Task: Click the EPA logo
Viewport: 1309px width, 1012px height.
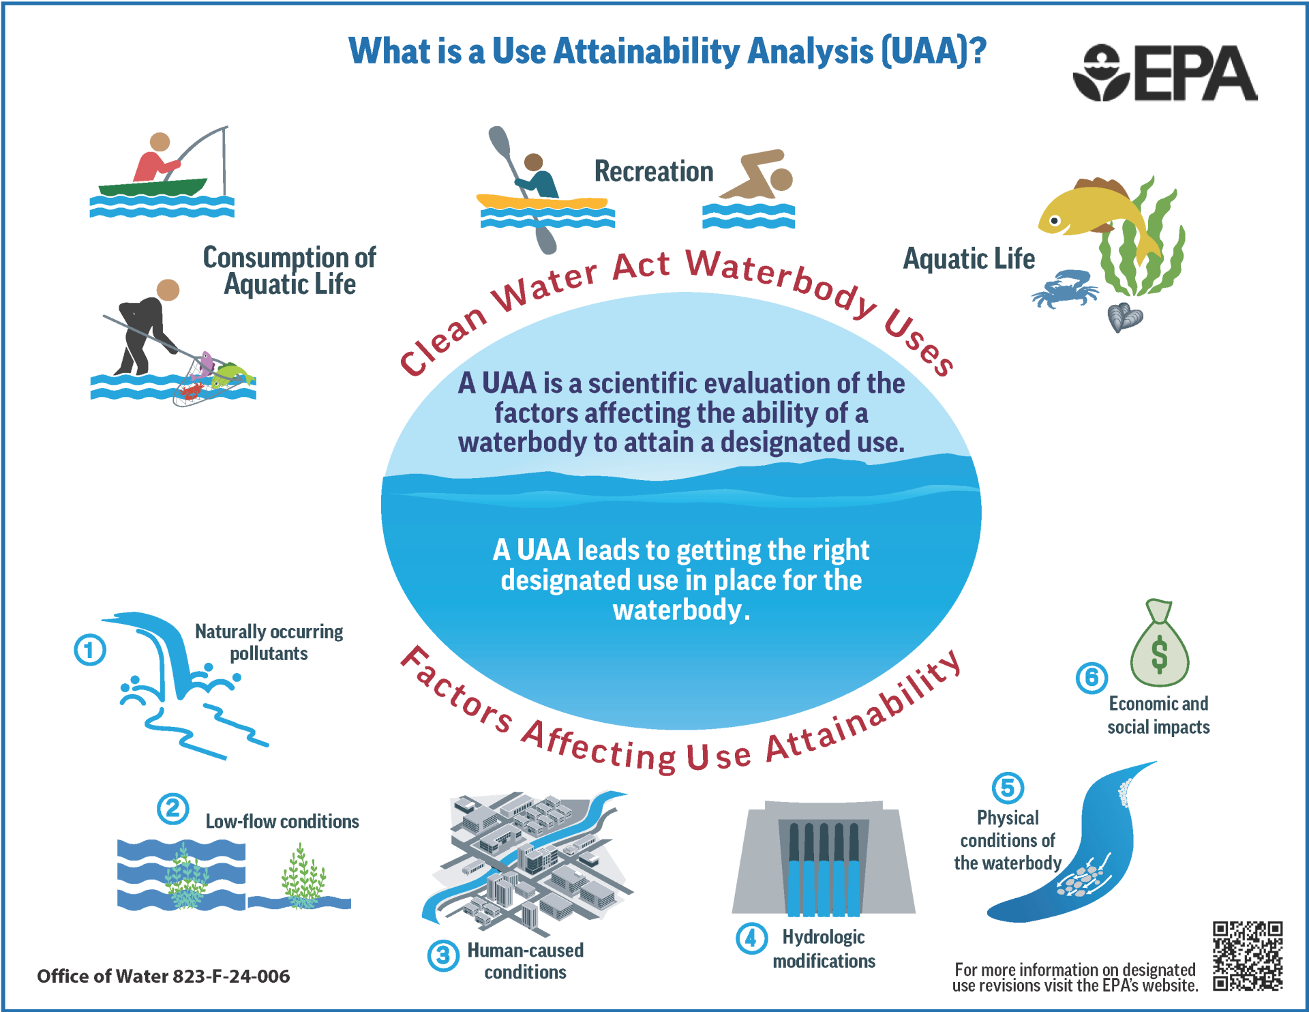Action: click(1164, 74)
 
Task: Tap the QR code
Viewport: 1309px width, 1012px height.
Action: click(1247, 955)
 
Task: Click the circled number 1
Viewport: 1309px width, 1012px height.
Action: click(90, 649)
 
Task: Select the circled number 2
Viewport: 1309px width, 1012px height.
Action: click(172, 809)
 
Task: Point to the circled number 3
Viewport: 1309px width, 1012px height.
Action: click(443, 955)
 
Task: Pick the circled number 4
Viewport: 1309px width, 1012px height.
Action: click(751, 938)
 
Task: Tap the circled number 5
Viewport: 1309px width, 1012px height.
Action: click(1008, 788)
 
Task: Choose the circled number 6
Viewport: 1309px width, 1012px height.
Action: click(1091, 677)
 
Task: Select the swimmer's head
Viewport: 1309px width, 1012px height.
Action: click(781, 179)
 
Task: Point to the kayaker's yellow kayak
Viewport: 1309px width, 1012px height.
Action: click(542, 203)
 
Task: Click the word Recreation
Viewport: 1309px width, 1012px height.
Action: click(653, 171)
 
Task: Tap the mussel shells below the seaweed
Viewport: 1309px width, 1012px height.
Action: click(1124, 317)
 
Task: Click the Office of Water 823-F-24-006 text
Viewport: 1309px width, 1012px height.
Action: click(164, 976)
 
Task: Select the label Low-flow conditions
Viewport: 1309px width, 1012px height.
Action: click(282, 821)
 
